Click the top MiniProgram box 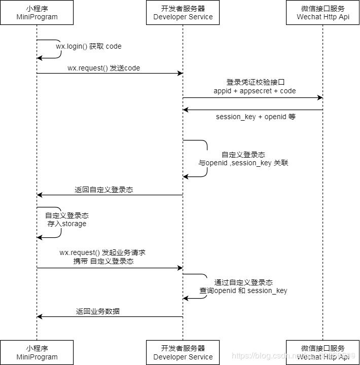point(37,13)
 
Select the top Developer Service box point(183,13)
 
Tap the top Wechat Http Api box point(322,13)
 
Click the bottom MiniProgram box point(37,352)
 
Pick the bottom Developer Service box point(183,352)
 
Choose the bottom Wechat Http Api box point(322,352)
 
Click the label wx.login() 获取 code point(89,46)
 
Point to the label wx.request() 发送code point(104,68)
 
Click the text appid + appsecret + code point(255,91)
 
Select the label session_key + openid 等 point(256,117)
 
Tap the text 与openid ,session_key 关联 point(243,163)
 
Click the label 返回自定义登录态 point(104,190)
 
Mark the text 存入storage point(67,224)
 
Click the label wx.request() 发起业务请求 point(103,252)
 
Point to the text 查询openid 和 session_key point(243,290)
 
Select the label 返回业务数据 point(98,311)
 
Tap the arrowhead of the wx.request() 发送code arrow point(179,74)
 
